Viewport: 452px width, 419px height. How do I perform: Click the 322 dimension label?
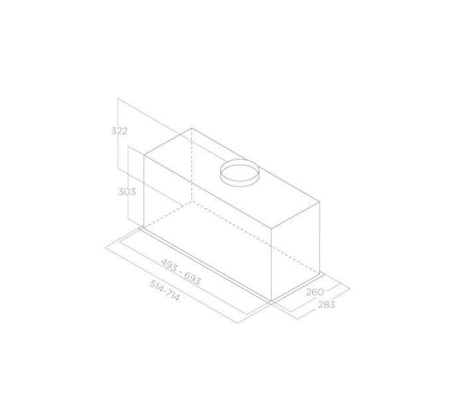(120, 131)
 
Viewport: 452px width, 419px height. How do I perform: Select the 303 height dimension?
(127, 192)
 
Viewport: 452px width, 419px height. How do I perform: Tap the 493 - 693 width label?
(180, 272)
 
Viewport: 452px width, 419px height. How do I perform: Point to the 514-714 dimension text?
(165, 291)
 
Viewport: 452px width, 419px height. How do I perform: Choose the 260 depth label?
(315, 292)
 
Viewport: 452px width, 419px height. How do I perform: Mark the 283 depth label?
(326, 305)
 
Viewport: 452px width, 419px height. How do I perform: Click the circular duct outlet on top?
(239, 173)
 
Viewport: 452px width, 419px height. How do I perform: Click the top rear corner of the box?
(191, 128)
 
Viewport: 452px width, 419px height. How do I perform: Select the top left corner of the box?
(144, 155)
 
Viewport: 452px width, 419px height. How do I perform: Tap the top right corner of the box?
(320, 202)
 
